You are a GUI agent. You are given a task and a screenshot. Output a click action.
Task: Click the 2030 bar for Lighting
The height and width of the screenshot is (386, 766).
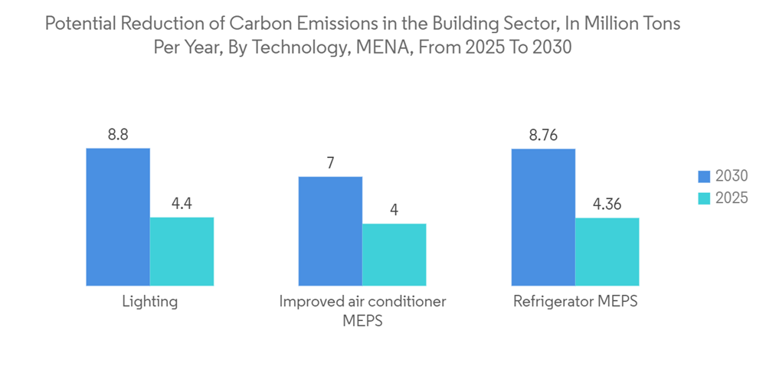[x=118, y=217]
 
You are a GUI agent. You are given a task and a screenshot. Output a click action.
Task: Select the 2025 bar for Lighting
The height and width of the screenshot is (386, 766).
[x=182, y=251]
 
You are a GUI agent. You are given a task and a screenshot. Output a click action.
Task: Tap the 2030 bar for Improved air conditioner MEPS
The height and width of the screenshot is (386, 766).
[x=330, y=231]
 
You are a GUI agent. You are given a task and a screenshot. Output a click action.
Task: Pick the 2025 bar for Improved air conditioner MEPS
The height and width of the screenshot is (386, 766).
[x=394, y=254]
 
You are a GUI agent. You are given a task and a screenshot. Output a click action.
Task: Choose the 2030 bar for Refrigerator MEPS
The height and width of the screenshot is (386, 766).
[x=543, y=217]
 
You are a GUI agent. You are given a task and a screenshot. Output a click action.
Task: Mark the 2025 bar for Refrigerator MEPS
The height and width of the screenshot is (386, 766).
[x=607, y=251]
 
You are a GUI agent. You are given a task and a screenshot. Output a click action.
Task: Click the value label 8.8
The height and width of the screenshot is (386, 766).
[x=118, y=135]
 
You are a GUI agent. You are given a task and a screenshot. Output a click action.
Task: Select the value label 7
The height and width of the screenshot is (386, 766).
[x=330, y=162]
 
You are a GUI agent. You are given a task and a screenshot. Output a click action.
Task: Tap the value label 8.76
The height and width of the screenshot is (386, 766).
[x=543, y=135]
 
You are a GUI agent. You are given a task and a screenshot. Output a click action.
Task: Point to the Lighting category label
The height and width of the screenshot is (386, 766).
[x=150, y=301]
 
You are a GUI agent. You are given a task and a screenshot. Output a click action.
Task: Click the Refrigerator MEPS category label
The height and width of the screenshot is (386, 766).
[x=575, y=301]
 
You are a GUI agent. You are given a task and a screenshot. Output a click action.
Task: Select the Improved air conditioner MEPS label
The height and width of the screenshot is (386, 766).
[x=362, y=310]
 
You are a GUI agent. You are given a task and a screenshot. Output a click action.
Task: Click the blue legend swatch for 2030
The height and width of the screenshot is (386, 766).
[x=704, y=176]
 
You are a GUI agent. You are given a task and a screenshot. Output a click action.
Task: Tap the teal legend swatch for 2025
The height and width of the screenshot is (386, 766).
[x=704, y=198]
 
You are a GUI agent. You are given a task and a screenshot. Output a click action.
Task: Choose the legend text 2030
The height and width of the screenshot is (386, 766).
[x=731, y=176]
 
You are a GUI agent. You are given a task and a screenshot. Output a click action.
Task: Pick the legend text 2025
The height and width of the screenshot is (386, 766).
[x=731, y=198]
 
